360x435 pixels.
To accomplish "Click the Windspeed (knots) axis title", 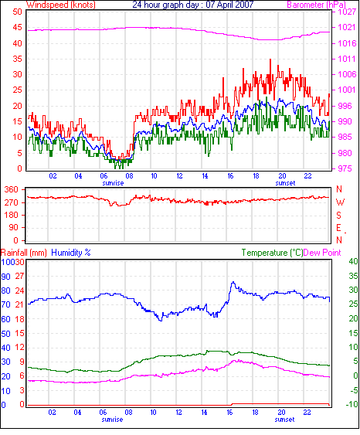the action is pos(61,5).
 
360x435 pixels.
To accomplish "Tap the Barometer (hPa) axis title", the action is pos(316,5).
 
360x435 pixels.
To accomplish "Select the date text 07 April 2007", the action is pos(229,5).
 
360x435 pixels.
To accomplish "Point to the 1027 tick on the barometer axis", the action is pos(347,12).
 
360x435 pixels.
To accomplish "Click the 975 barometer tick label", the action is pos(345,168).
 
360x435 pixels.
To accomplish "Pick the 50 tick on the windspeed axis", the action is pos(17,12).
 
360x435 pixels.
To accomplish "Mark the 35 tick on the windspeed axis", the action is pos(17,59).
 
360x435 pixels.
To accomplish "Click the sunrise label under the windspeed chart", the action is pos(113,183).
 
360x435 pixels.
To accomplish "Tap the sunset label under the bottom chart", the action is pos(284,420).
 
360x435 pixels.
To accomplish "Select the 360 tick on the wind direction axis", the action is pos(12,190).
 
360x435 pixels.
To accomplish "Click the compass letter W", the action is pos(340,202).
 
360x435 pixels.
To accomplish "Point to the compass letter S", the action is pos(338,216).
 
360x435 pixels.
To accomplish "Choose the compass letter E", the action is pos(338,228).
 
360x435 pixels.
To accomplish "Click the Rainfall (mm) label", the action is pos(24,253).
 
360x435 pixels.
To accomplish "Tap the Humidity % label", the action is pos(71,253).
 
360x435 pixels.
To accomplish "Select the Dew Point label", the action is pos(322,253).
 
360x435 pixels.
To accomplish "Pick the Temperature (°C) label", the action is pos(272,253).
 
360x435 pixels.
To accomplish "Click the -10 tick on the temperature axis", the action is pos(352,404).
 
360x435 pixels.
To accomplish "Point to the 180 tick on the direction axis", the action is pos(12,216).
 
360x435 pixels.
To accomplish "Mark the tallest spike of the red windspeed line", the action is pos(270,59).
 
